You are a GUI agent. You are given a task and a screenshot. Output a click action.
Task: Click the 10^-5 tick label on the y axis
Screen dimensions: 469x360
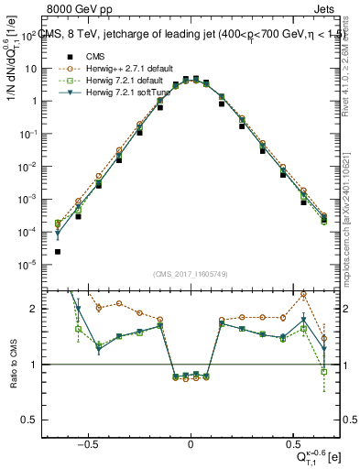(x=29, y=265)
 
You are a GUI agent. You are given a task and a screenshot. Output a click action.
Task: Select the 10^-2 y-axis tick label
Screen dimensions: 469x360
(x=29, y=166)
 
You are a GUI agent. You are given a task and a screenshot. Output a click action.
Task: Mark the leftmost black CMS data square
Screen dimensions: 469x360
(x=58, y=251)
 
